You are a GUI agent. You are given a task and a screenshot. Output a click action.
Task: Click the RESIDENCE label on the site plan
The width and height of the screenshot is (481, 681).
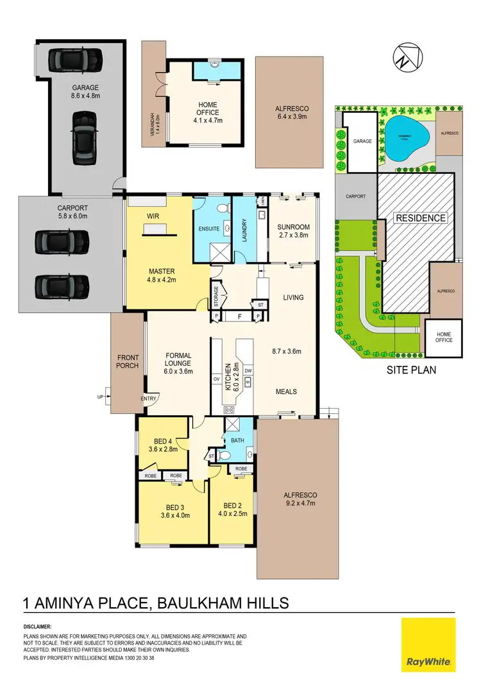tap(420, 218)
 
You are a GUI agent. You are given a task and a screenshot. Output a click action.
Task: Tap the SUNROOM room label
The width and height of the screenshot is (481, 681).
tap(293, 227)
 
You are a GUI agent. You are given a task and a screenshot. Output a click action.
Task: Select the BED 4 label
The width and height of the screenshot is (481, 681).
tap(163, 441)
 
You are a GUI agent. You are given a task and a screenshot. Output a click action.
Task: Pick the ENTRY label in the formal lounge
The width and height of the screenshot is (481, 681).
tap(149, 399)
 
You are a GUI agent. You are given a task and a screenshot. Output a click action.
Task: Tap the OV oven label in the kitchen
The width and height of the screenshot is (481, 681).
tap(216, 379)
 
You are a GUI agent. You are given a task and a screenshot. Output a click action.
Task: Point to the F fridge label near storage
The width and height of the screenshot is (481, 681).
tap(239, 316)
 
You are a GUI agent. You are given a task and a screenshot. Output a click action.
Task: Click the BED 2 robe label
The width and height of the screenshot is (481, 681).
tap(240, 469)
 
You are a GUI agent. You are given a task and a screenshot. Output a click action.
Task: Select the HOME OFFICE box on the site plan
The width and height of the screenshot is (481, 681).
tap(444, 336)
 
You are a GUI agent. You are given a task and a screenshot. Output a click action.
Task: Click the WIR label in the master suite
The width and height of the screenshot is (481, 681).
tap(153, 217)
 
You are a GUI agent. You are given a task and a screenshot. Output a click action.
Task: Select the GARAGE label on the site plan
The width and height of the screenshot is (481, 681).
tap(363, 140)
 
